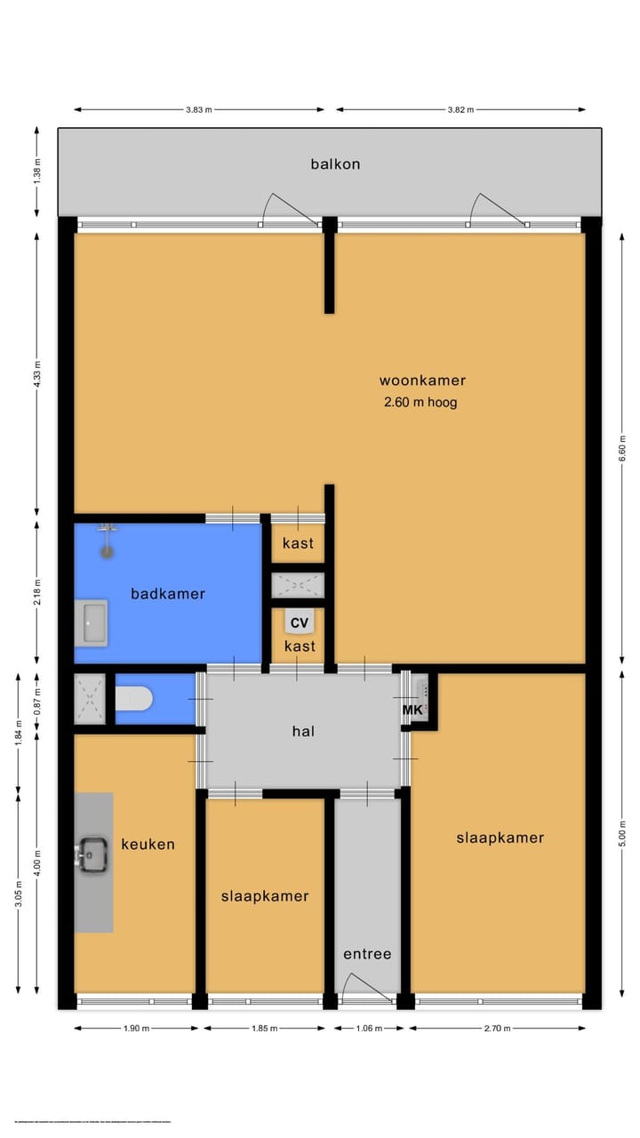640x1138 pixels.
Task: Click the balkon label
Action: tap(335, 164)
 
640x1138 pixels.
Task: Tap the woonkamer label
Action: tap(422, 381)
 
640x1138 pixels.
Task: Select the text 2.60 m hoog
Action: tap(420, 403)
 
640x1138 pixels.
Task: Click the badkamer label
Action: tap(168, 594)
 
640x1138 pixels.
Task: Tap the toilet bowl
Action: tap(133, 700)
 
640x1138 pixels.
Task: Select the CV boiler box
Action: tap(299, 622)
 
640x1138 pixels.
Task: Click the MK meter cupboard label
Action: tap(412, 710)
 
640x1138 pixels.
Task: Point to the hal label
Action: tap(304, 732)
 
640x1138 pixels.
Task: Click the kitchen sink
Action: tap(92, 855)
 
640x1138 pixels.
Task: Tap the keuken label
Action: tap(148, 845)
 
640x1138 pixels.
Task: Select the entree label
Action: tap(367, 954)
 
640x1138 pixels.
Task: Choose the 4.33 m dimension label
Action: tap(37, 373)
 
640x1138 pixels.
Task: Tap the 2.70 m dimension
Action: tap(497, 1029)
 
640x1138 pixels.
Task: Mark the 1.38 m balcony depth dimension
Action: tap(37, 171)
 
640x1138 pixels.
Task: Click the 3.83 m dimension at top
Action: tap(198, 110)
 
